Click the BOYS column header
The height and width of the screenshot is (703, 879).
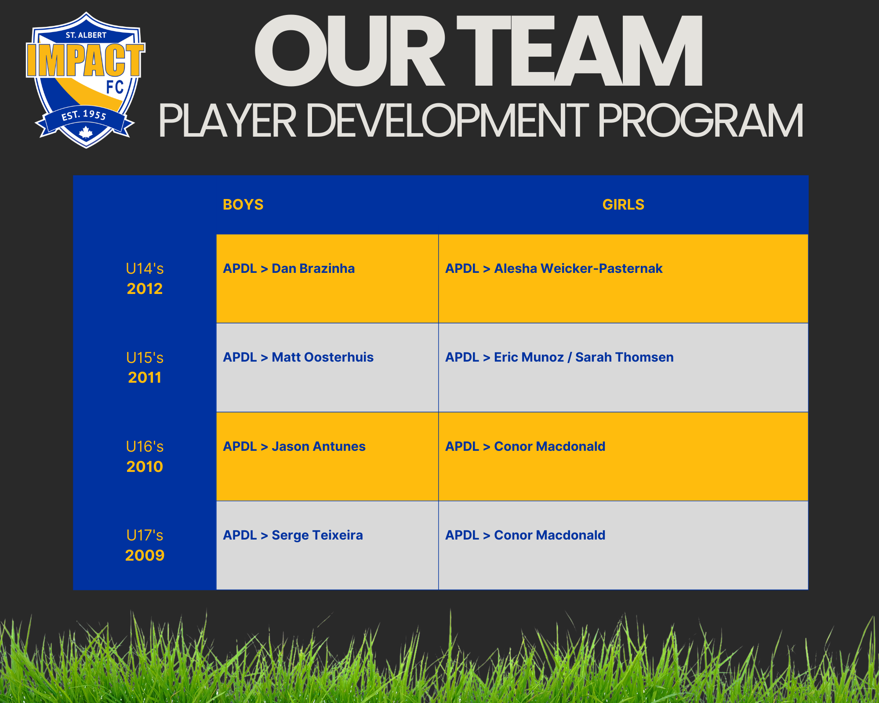pos(243,205)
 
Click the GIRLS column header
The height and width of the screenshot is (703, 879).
pos(623,205)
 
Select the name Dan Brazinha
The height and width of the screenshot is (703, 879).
pos(313,268)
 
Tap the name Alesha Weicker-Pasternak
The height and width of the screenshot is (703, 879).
pos(578,268)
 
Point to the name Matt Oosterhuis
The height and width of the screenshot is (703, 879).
pos(323,357)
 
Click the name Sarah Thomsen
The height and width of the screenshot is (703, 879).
pos(625,357)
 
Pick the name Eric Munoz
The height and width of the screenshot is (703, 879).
pos(529,357)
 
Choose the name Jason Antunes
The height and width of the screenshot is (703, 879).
pos(319,446)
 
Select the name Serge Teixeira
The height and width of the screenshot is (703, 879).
pos(317,535)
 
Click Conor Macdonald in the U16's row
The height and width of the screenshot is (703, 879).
pos(550,446)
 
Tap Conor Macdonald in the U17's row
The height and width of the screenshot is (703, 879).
pos(550,535)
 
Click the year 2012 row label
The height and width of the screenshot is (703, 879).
pos(145,289)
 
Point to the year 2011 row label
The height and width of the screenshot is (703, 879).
pos(145,377)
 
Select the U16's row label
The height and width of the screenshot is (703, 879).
pos(145,446)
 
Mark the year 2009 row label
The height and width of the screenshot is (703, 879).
pos(145,555)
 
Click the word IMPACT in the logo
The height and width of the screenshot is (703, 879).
pos(85,60)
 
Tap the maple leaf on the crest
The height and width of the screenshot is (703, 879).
pos(86,132)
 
